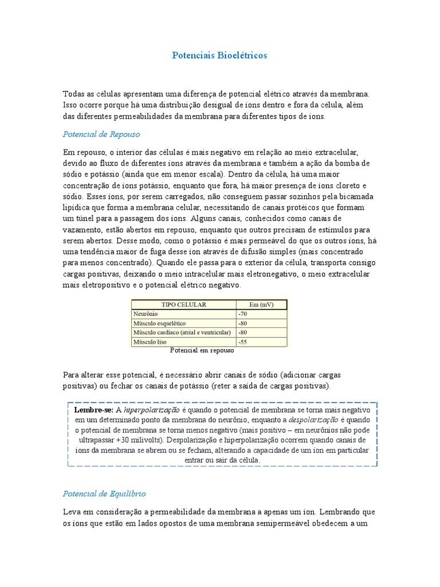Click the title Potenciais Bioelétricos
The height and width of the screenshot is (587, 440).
pyautogui.click(x=219, y=56)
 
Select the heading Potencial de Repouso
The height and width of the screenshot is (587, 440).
pyautogui.click(x=101, y=134)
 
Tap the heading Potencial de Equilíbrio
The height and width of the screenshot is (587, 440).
pyautogui.click(x=104, y=494)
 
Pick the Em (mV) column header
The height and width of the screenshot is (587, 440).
pyautogui.click(x=261, y=304)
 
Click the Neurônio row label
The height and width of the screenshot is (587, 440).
pyautogui.click(x=146, y=314)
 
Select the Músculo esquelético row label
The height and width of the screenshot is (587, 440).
pyautogui.click(x=156, y=323)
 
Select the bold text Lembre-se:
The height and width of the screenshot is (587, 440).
pyautogui.click(x=94, y=411)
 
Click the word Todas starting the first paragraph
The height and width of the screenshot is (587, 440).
pyautogui.click(x=73, y=93)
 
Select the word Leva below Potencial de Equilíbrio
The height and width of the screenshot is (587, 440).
pyautogui.click(x=72, y=511)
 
